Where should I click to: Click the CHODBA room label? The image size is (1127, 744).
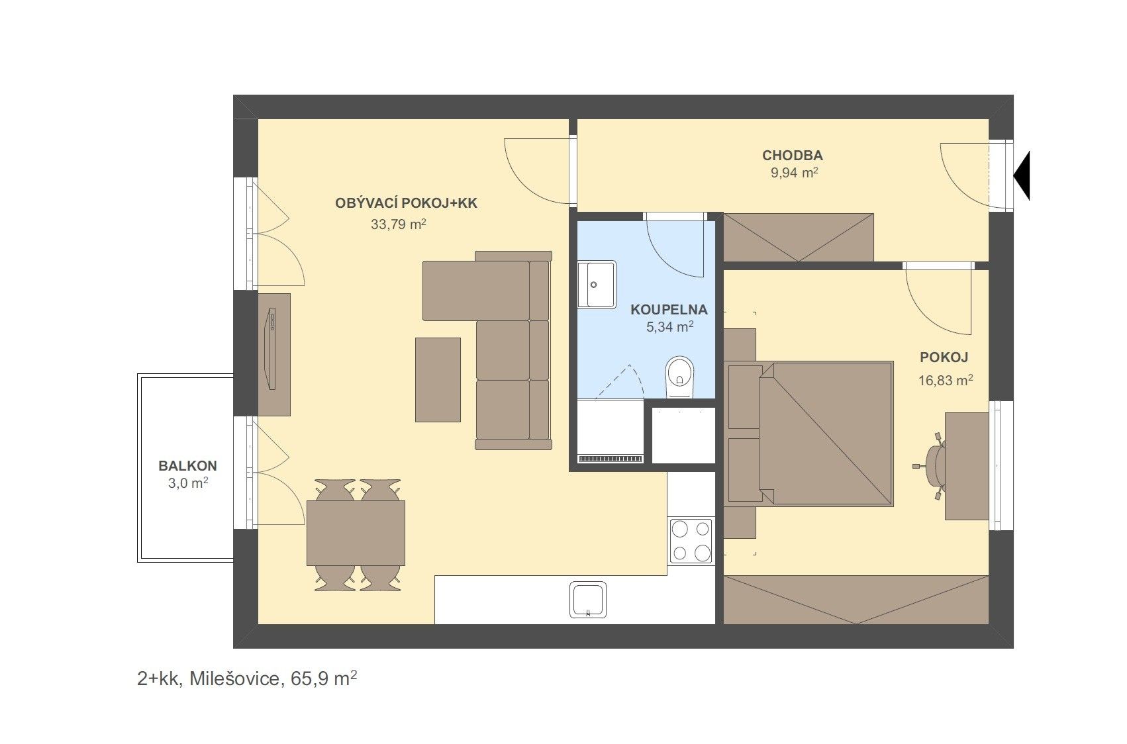793,156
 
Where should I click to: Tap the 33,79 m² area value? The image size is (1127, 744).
399,224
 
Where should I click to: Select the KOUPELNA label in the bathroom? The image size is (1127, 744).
669,310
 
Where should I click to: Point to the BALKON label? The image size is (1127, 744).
187,466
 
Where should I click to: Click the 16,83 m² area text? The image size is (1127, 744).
946,380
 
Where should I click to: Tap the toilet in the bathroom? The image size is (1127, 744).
680,377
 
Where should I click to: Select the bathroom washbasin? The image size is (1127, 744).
597,284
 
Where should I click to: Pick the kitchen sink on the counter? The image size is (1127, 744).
587,600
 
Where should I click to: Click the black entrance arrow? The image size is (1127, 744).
1022,175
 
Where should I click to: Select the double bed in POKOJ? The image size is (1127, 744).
826,433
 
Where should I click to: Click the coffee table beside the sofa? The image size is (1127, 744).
438,380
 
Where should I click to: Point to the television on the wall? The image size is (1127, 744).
271,348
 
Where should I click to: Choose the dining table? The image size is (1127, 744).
356,534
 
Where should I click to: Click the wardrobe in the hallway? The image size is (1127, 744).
799,238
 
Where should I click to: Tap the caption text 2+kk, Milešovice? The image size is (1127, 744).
208,679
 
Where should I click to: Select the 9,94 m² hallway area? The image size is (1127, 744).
795,173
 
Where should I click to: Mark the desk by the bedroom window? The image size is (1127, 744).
967,466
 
